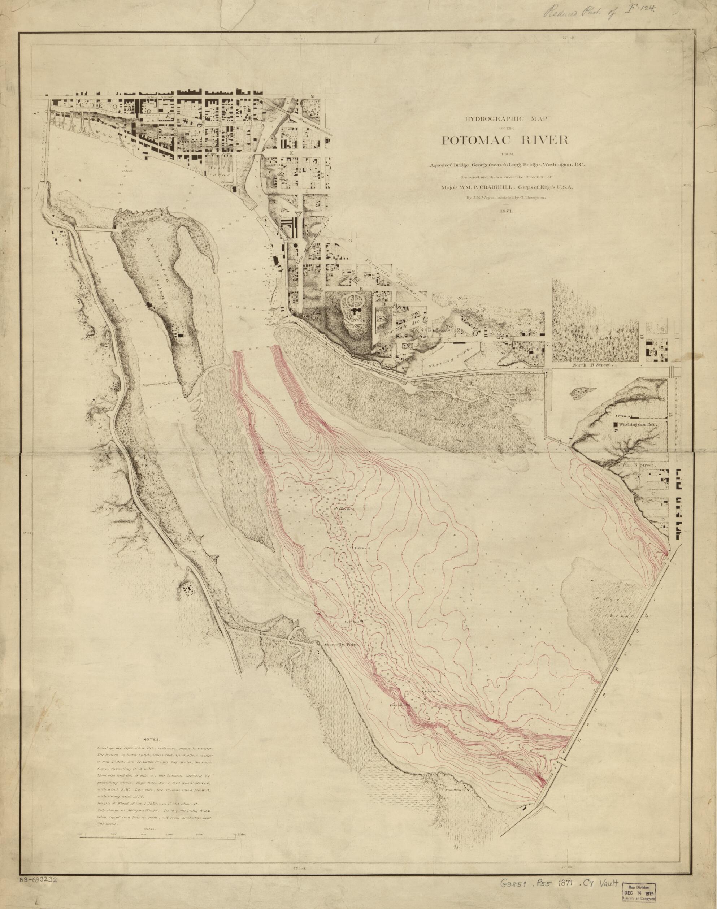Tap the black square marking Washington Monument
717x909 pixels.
(x=616, y=425)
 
